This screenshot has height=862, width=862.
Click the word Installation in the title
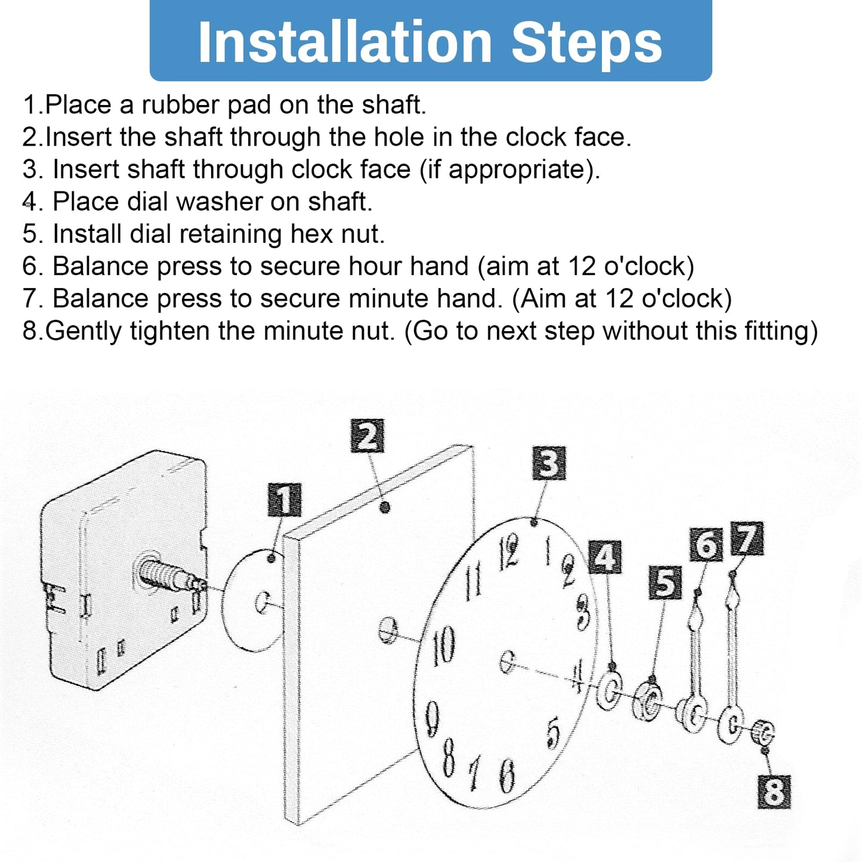coord(345,42)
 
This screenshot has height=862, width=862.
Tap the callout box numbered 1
coord(284,500)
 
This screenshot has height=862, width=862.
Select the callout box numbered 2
coord(367,435)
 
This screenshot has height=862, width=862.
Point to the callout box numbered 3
coord(549,464)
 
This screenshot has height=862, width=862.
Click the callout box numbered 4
coord(605,557)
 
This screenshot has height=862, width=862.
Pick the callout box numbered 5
coord(666,582)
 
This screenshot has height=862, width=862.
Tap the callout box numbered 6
coord(706,545)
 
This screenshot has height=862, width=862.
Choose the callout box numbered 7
coord(747,538)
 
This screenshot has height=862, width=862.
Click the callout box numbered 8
coord(774,792)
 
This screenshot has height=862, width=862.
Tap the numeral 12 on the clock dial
coord(509,552)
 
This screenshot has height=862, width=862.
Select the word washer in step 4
coord(219,202)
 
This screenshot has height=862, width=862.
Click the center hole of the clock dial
coord(507,663)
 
